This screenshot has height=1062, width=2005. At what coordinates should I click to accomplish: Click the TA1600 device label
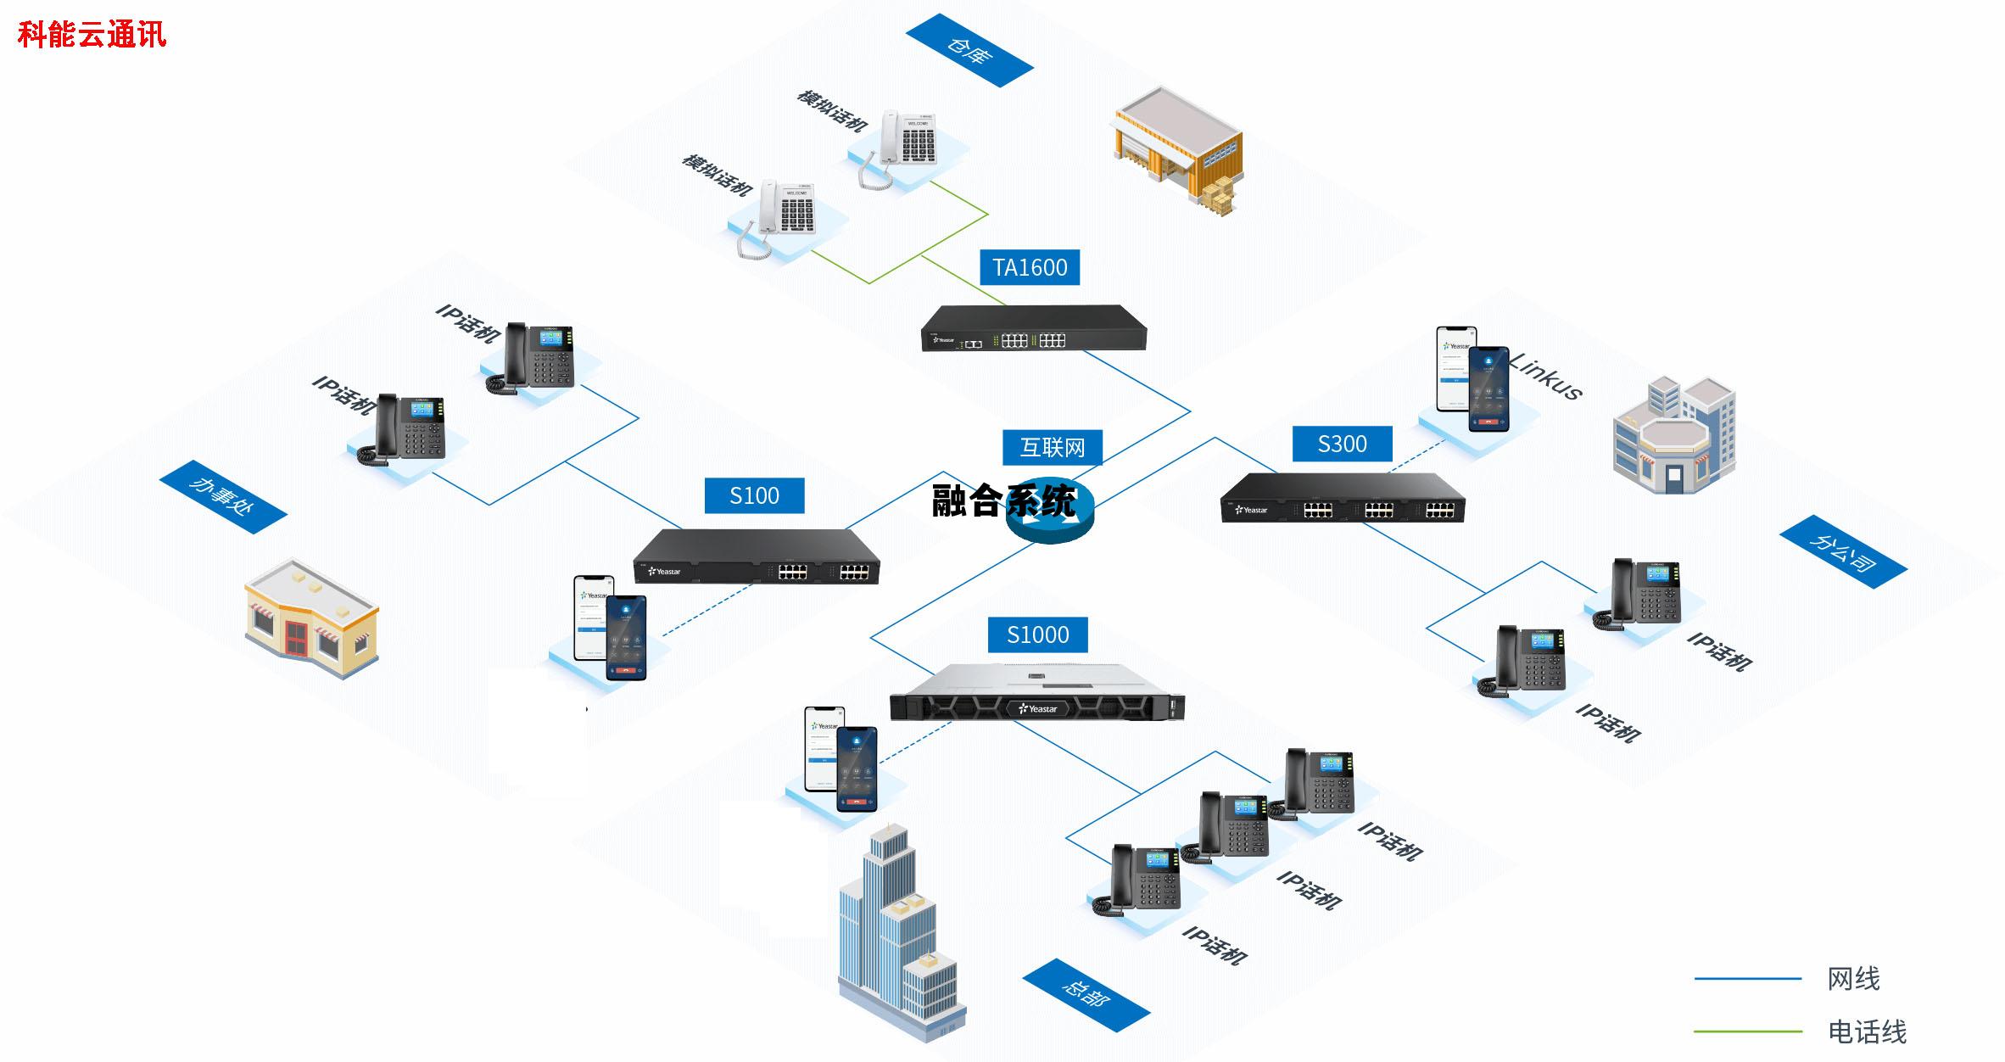1030,267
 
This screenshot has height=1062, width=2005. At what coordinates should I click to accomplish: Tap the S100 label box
754,495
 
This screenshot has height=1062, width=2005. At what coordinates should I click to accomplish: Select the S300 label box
1342,444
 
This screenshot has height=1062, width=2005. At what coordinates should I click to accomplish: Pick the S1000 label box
1037,634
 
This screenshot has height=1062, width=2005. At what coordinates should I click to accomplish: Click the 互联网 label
1052,447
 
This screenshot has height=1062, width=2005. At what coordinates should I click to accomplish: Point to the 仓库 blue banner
969,51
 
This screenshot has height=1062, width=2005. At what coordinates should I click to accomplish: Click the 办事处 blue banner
222,498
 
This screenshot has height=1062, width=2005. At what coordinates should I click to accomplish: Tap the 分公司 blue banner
1842,552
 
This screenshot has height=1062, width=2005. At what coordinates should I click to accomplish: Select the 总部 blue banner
1086,994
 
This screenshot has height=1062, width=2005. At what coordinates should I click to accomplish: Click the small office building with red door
311,618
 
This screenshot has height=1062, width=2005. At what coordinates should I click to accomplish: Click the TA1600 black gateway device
1033,328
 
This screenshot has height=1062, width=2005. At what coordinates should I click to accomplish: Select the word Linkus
1545,376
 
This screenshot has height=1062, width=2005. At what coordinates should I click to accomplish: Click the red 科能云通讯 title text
92,35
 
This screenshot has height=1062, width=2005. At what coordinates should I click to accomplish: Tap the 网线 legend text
1853,979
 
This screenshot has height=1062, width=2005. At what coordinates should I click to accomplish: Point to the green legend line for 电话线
1747,1031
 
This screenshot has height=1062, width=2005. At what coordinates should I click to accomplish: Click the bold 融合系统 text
1003,501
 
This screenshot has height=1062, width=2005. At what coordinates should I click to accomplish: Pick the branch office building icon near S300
1673,436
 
